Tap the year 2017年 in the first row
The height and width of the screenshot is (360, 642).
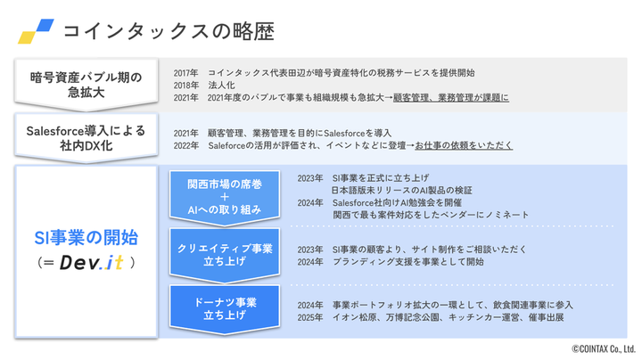point(186,71)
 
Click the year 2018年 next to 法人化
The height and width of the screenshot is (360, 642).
point(186,84)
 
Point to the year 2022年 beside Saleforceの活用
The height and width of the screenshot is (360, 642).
point(186,144)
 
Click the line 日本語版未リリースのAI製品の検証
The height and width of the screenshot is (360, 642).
point(400,190)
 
